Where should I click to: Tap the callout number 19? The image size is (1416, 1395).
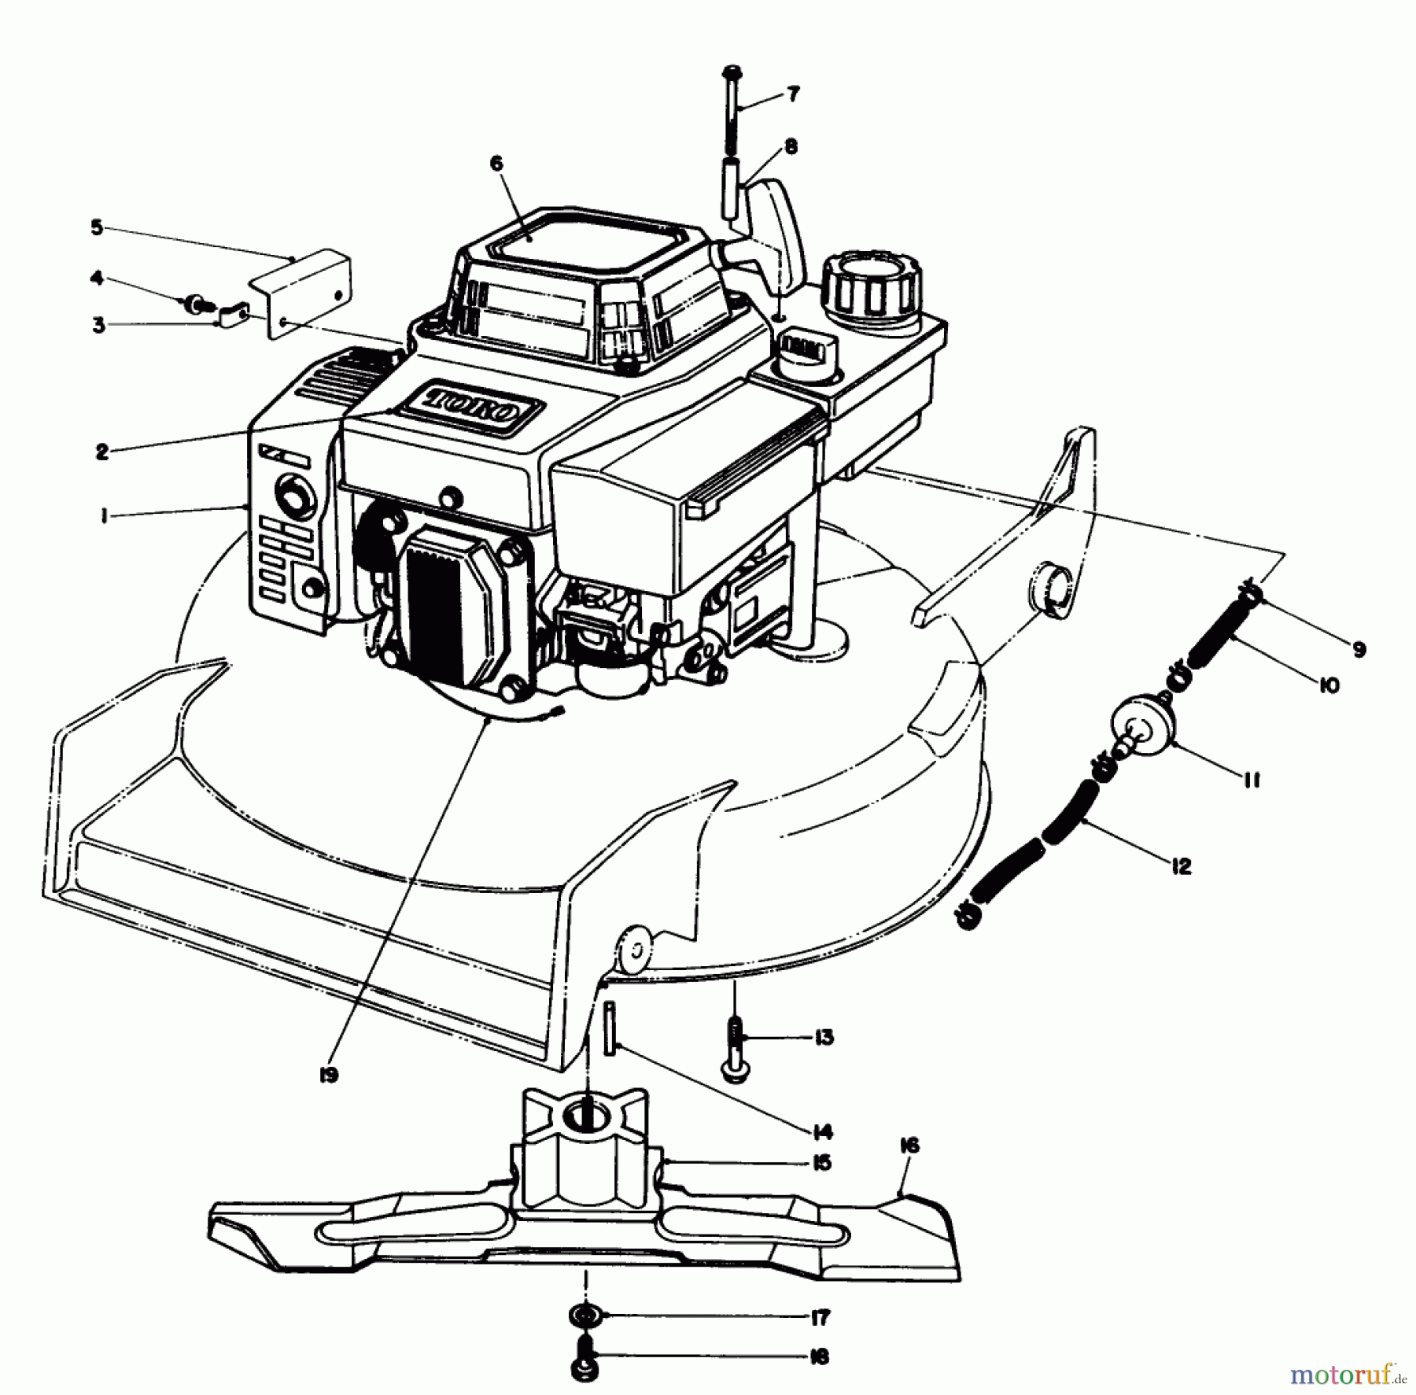(329, 1075)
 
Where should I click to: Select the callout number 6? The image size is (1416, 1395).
(496, 164)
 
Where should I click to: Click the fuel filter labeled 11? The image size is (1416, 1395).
(1141, 723)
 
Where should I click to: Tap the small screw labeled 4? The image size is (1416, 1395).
(192, 303)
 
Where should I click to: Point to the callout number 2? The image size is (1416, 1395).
(102, 452)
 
